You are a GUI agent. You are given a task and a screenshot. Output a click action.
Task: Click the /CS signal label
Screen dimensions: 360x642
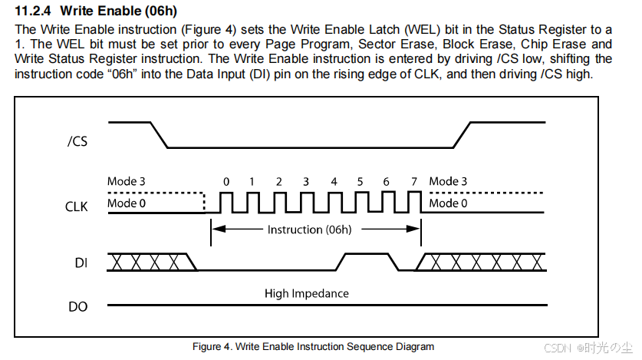78,141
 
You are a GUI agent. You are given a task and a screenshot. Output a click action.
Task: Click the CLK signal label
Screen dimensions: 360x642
77,206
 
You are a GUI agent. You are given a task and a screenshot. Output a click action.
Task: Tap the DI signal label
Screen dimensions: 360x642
81,263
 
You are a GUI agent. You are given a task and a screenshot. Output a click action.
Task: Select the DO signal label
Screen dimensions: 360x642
78,306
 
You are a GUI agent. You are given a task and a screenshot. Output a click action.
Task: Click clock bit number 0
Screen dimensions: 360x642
226,182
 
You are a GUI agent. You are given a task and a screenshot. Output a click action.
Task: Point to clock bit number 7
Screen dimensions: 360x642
413,182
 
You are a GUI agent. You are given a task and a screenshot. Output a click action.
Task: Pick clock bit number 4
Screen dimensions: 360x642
334,182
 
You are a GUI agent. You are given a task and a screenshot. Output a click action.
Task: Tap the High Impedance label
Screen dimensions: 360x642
307,293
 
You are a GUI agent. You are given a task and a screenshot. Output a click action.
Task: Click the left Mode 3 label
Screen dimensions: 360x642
127,182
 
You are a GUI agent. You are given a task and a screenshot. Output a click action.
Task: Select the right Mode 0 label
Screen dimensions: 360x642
449,203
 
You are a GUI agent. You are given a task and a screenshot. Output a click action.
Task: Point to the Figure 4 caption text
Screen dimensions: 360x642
314,347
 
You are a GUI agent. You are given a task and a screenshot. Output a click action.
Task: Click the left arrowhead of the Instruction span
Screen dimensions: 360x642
216,229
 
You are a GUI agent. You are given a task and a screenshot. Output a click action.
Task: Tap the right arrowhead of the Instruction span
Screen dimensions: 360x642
416,229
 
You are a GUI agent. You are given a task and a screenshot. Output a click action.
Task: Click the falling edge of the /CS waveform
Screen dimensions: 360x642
159,134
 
